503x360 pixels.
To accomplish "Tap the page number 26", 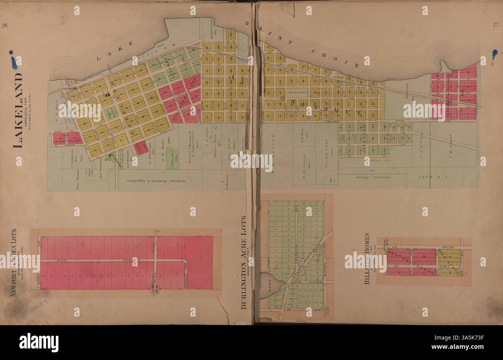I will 5,26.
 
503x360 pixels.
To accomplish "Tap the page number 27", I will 495,26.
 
